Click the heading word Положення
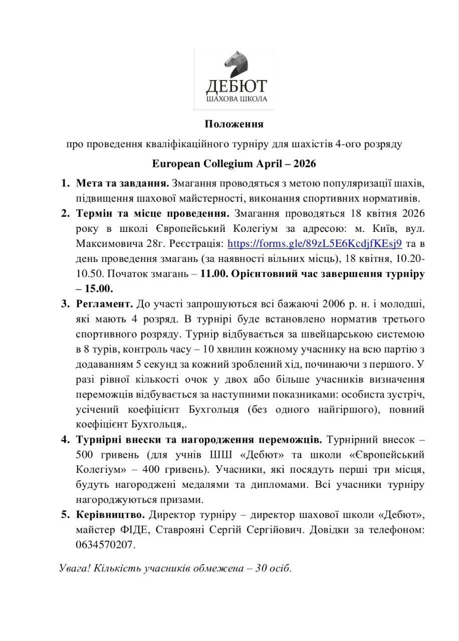coord(234,123)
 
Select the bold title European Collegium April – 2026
coord(234,164)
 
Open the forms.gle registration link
coord(315,244)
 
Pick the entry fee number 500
coord(86,455)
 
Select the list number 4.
coord(65,440)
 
